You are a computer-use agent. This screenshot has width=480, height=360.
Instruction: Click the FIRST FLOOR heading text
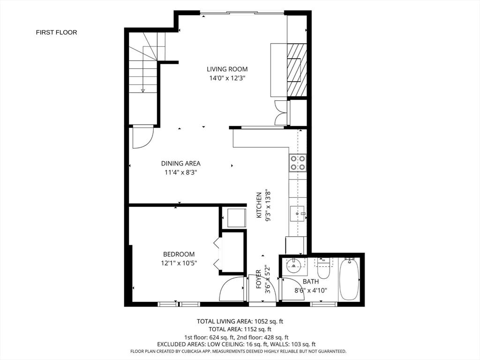click(56, 32)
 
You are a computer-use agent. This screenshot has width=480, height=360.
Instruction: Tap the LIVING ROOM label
click(227, 69)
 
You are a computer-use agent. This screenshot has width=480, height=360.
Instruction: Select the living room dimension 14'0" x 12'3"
click(227, 78)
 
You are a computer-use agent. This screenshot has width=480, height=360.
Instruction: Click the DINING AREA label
click(181, 164)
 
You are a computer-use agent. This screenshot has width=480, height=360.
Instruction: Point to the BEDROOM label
click(179, 254)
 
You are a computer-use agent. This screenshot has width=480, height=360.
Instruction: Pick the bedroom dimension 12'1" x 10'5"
click(179, 263)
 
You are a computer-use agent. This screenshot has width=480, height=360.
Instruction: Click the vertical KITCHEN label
click(259, 205)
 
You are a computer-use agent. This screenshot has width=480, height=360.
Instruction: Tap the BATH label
click(311, 281)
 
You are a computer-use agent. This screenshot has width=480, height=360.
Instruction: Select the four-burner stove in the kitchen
click(298, 163)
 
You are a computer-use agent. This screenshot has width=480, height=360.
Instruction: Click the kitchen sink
click(298, 213)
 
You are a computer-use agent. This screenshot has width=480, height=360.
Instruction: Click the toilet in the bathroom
click(323, 269)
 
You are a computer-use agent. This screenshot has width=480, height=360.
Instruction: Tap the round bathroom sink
click(293, 265)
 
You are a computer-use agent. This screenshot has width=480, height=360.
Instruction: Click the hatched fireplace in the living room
click(297, 69)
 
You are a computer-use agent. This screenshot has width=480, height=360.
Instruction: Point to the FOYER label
click(259, 279)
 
